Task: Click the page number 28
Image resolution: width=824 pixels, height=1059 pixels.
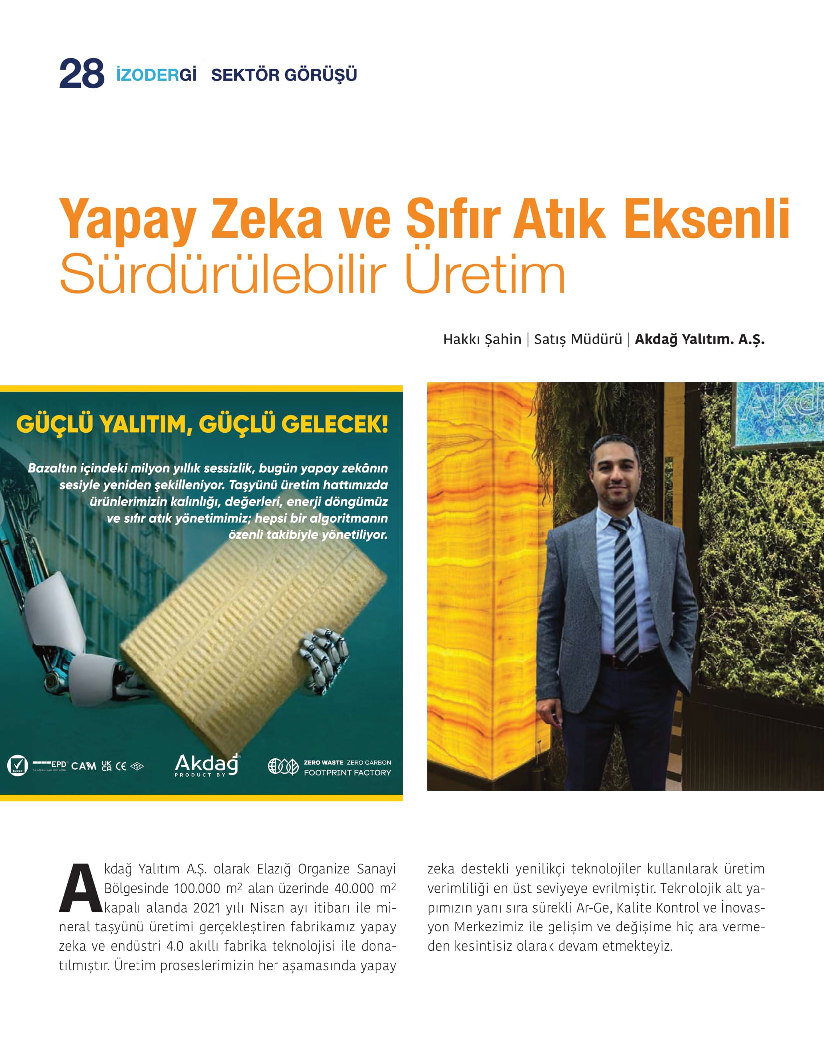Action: point(82,74)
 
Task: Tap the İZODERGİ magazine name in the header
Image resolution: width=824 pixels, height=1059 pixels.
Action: point(156,75)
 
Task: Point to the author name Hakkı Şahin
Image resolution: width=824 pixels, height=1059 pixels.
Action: point(482,339)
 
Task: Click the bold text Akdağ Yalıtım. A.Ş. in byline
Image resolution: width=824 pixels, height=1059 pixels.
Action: point(699,339)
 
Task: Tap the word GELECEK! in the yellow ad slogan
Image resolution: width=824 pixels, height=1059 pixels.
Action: point(335,424)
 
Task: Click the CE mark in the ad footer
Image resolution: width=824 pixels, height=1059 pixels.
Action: point(121,766)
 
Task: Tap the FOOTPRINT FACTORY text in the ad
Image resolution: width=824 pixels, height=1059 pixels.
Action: point(347,772)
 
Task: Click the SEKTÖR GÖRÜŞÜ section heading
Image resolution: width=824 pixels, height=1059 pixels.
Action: point(284,75)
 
